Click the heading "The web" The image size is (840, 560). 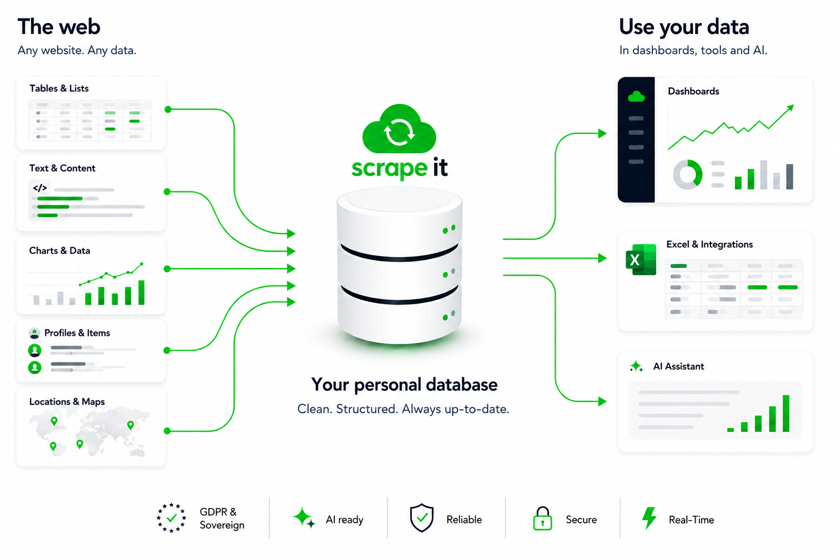[59, 27]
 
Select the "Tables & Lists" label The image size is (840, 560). [59, 89]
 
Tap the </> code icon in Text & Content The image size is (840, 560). [40, 188]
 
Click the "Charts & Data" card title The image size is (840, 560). [60, 250]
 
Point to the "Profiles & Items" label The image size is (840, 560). [77, 332]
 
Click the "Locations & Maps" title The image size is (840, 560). [67, 402]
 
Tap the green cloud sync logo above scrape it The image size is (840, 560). [399, 130]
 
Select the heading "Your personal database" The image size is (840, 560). [404, 385]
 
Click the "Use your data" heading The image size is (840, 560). [684, 27]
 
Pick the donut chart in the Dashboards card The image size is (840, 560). [687, 174]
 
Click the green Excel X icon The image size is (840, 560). [641, 260]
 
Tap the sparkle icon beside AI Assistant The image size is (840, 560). [636, 366]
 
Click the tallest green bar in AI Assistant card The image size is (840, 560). [786, 413]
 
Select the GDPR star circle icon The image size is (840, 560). [171, 518]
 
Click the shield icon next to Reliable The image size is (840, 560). [422, 517]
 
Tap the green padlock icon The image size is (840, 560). [542, 518]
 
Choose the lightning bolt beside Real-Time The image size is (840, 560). [649, 518]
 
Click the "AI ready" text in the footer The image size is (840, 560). [344, 520]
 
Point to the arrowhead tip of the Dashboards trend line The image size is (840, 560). [794, 106]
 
